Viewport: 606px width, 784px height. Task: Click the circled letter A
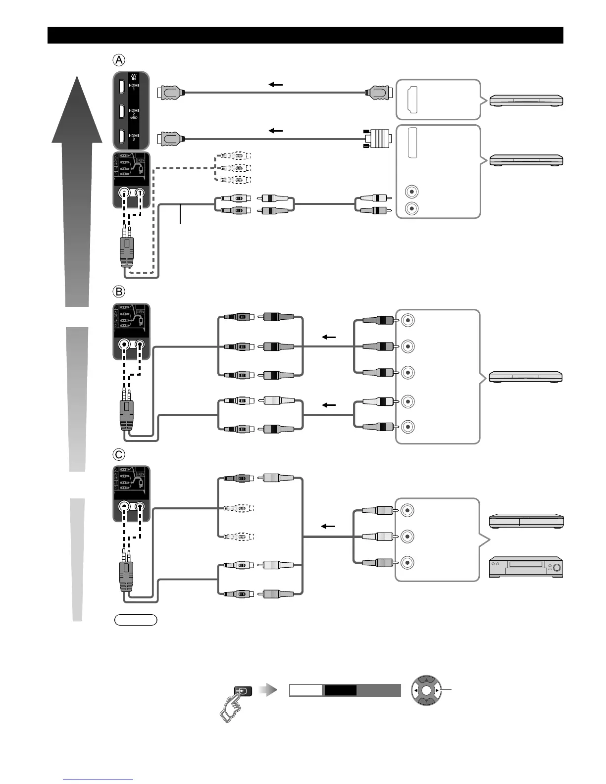pyautogui.click(x=119, y=60)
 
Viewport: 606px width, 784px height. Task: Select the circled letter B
pyautogui.click(x=119, y=291)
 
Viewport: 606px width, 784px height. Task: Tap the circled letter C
pyautogui.click(x=119, y=454)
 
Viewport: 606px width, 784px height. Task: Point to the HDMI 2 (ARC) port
pyautogui.click(x=121, y=111)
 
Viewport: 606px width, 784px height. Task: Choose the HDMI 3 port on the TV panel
pyautogui.click(x=121, y=136)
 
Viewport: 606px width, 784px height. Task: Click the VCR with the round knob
pyautogui.click(x=526, y=567)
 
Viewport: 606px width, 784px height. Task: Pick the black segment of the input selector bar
pyautogui.click(x=340, y=690)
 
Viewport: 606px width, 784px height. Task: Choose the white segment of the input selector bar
pyautogui.click(x=306, y=690)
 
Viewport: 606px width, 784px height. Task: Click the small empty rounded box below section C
pyautogui.click(x=136, y=620)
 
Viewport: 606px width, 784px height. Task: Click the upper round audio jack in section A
pyautogui.click(x=411, y=192)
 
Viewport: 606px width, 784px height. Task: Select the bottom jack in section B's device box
pyautogui.click(x=407, y=426)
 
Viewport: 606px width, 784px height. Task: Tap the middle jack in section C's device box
pyautogui.click(x=407, y=536)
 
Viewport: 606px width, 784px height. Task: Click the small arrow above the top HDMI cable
pyautogui.click(x=276, y=85)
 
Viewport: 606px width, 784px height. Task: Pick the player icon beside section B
pyautogui.click(x=526, y=377)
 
